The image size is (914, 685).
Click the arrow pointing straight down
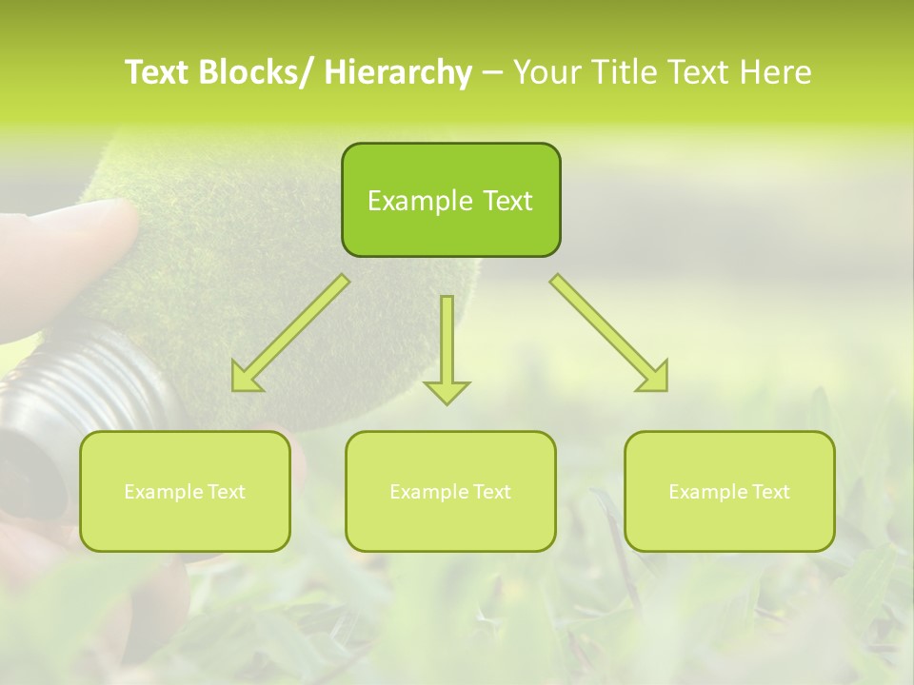tap(447, 352)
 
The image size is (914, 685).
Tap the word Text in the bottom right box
tap(771, 492)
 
